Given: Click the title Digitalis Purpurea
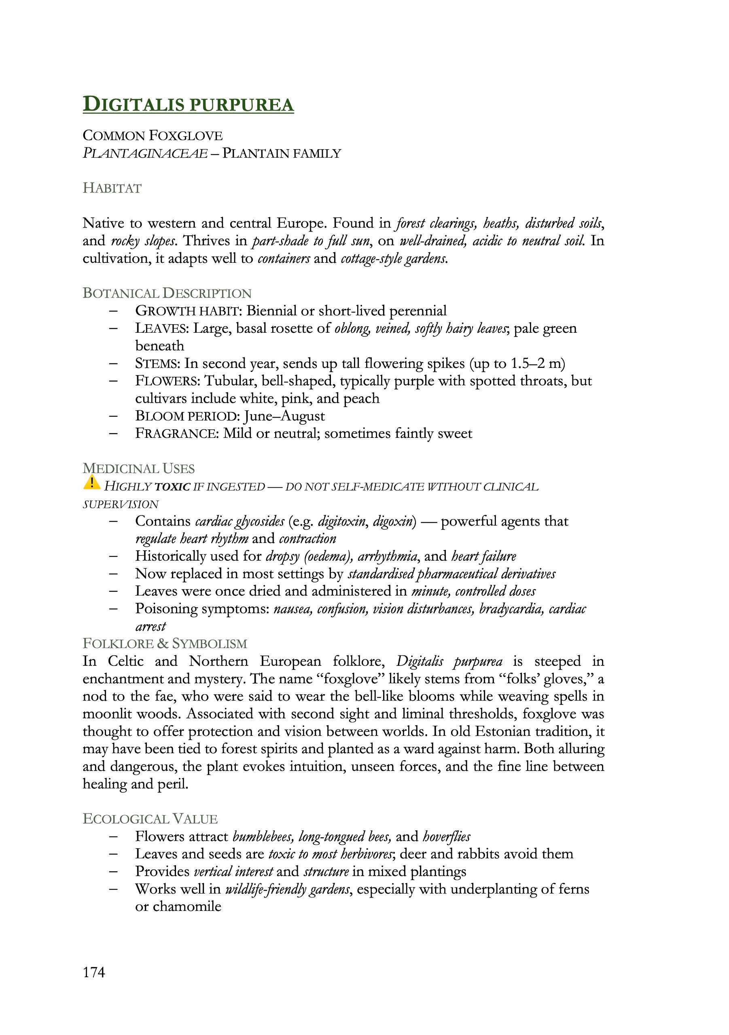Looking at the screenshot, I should [x=188, y=104].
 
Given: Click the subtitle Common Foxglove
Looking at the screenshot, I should [x=153, y=136].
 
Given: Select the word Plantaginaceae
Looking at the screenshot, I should [x=145, y=154].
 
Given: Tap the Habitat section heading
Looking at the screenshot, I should [x=112, y=188].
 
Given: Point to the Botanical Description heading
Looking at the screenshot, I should [x=167, y=293].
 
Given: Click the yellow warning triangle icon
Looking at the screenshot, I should [x=91, y=483].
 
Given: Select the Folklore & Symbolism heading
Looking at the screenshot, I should [x=165, y=643].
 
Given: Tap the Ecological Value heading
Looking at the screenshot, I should [x=150, y=819].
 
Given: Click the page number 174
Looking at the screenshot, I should [x=94, y=972].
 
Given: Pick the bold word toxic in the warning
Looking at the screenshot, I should [x=172, y=487].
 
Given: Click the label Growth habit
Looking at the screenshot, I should [x=187, y=311].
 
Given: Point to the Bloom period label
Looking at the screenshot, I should [x=187, y=416].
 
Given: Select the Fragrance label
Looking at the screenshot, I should [x=177, y=434].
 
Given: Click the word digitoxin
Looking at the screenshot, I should [x=341, y=522].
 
